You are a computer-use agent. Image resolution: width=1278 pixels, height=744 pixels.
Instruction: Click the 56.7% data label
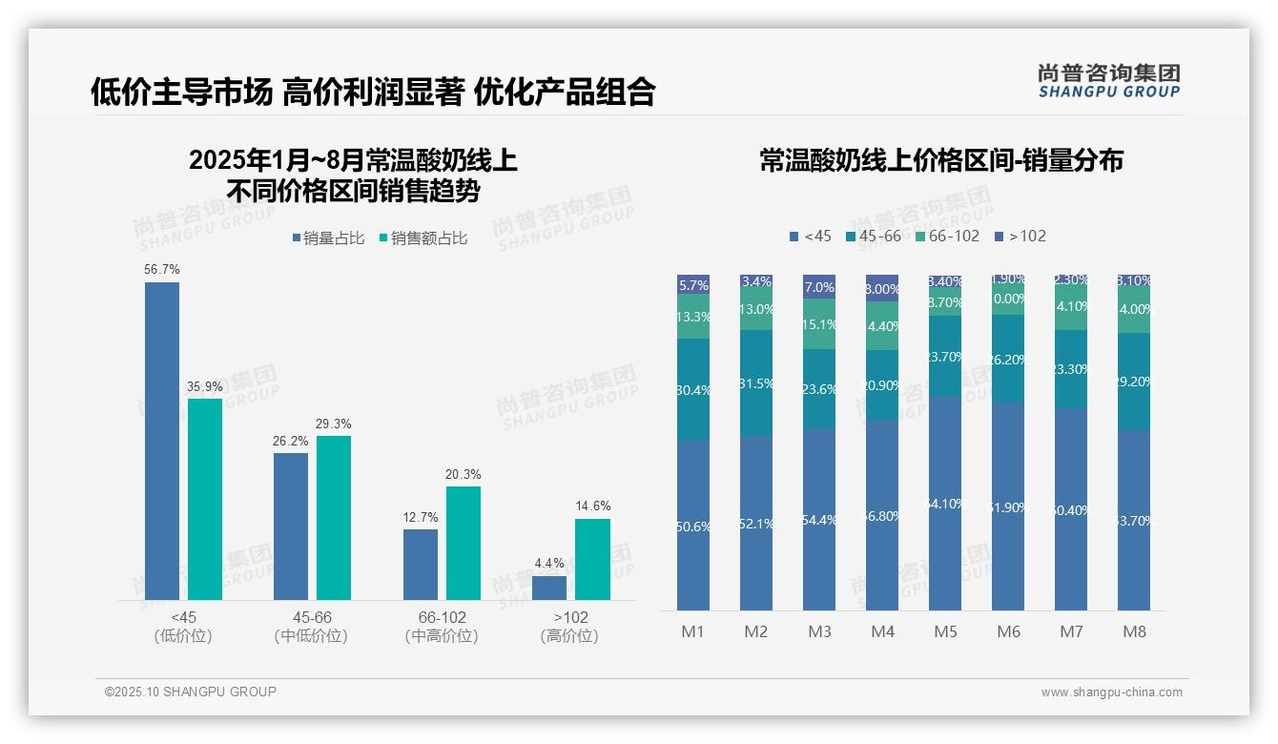click(x=162, y=270)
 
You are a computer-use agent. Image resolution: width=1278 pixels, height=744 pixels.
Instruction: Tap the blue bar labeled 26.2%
click(x=291, y=526)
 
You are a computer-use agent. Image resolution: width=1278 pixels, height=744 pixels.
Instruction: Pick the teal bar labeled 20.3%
click(x=464, y=543)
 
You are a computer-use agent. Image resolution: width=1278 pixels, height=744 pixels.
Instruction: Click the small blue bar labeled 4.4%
click(x=549, y=588)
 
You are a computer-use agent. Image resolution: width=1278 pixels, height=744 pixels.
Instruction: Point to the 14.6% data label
click(x=592, y=506)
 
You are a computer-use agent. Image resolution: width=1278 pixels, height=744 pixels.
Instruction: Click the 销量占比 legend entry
click(x=327, y=238)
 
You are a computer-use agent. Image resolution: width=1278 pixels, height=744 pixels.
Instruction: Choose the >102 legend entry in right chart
click(x=1020, y=237)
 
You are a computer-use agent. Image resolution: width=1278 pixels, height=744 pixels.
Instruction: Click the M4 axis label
click(x=882, y=632)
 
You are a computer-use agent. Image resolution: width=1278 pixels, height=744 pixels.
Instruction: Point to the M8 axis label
click(x=1134, y=632)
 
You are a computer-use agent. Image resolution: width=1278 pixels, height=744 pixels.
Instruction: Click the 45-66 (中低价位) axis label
click(x=310, y=627)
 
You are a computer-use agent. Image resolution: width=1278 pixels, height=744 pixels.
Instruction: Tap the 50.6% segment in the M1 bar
click(x=693, y=526)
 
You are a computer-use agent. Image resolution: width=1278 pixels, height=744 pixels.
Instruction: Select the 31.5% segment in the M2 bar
click(x=756, y=383)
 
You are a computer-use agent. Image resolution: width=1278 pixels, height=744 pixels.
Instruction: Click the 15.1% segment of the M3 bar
click(x=819, y=324)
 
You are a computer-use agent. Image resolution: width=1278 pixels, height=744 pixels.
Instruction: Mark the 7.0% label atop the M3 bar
click(x=819, y=287)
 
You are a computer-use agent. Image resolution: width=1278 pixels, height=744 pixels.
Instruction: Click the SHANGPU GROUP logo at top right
click(x=1108, y=81)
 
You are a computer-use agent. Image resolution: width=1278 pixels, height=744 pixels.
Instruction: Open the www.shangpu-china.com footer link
click(x=1111, y=692)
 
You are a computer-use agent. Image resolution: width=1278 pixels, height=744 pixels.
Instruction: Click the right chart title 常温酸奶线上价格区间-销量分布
click(x=940, y=161)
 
